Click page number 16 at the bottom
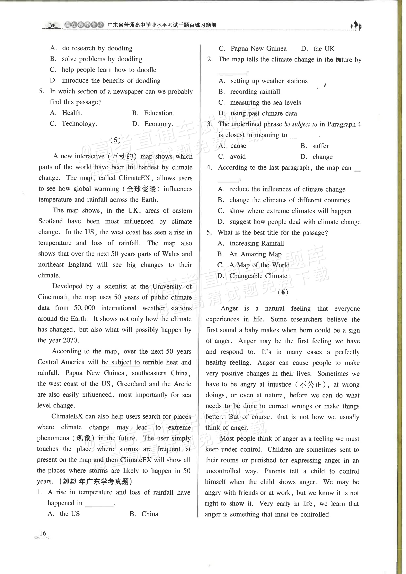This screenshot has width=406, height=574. point(43,533)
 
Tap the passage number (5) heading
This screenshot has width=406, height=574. point(115,140)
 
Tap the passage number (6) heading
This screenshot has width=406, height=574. point(283,292)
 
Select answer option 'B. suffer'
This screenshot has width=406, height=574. point(315,146)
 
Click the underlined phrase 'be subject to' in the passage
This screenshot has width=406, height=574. point(121,362)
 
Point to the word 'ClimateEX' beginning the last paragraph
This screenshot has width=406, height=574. point(67,416)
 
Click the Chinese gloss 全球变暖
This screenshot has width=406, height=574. point(141,189)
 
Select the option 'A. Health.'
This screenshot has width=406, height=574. point(66,113)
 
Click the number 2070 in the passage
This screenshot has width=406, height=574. point(71,340)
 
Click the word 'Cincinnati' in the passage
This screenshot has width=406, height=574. point(53,297)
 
